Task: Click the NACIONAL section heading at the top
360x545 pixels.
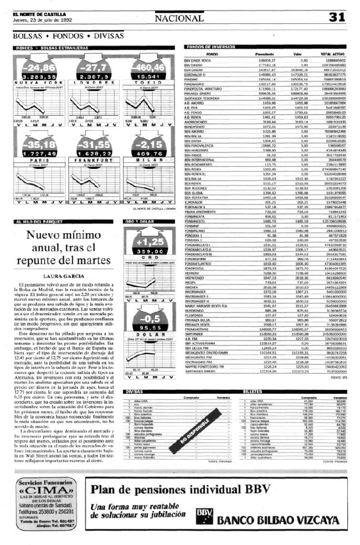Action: [x=179, y=18]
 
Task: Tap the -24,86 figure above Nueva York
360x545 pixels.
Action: [x=40, y=67]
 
